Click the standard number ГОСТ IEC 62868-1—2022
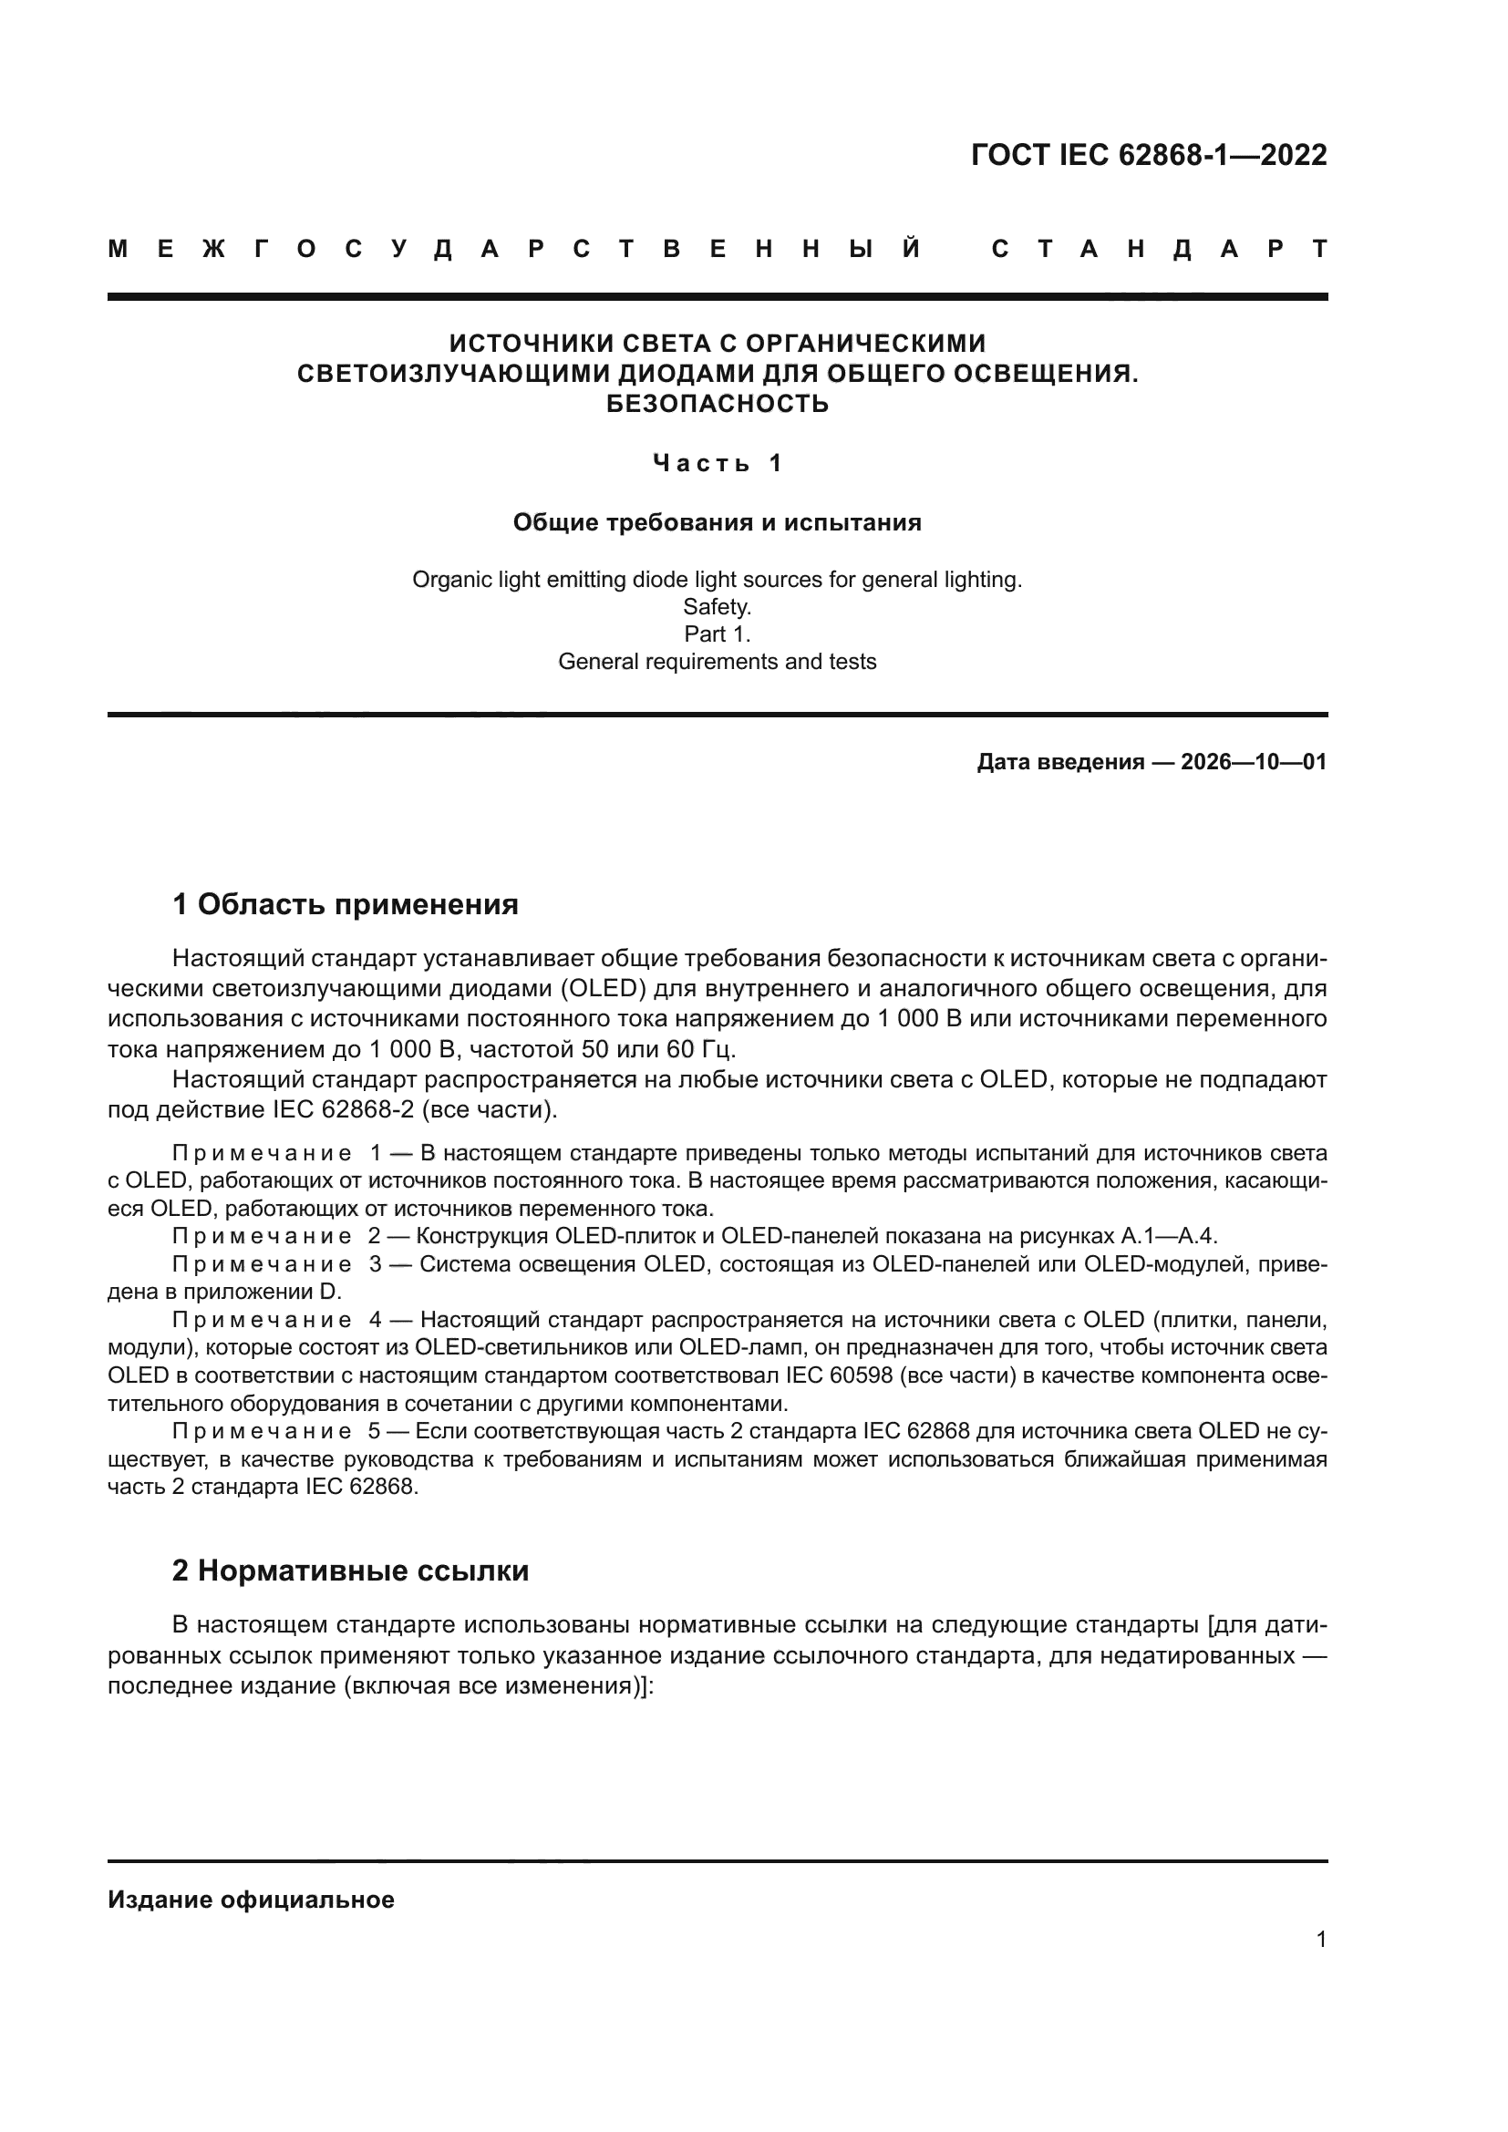click(1149, 155)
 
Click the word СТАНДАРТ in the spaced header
click(1159, 250)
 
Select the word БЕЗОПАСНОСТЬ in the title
click(717, 404)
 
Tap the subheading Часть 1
click(717, 462)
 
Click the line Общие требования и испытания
click(717, 523)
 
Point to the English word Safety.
click(717, 607)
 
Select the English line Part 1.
click(717, 634)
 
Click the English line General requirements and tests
click(717, 662)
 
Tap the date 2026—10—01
click(1254, 762)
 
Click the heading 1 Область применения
click(346, 904)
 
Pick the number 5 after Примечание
click(375, 1431)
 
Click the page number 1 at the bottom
click(1320, 1940)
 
